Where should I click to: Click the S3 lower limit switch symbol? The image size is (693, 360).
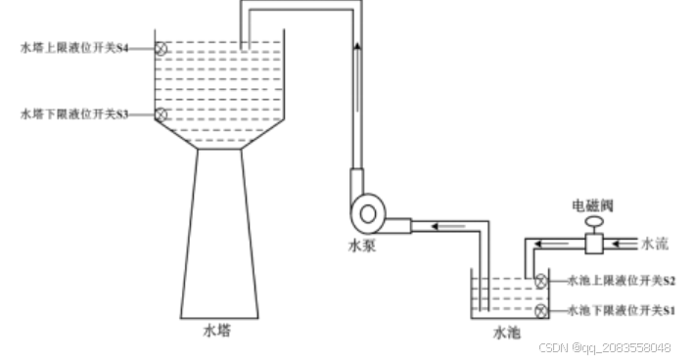coord(162,114)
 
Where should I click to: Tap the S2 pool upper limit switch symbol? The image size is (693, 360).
coord(541,281)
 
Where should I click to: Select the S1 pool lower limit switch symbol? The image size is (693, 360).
coord(541,311)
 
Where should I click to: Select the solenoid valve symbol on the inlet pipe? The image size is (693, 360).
coord(593,241)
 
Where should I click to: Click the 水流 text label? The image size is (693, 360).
coord(655,242)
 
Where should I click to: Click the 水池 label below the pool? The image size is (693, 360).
coord(506,333)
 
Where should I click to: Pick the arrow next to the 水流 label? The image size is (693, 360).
coord(626,242)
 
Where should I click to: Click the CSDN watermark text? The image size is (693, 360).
coord(605,348)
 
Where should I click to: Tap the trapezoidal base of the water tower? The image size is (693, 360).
coord(220,235)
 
